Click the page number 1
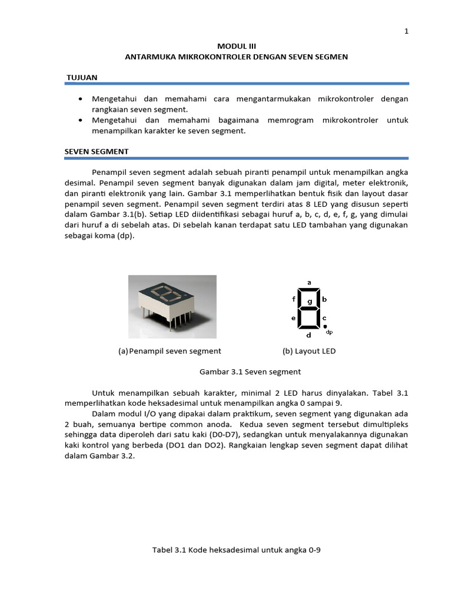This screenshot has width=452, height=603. tap(406, 32)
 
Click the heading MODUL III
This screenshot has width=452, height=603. tap(237, 45)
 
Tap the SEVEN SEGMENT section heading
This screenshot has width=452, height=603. tap(97, 151)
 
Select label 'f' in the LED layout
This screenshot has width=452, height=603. tap(294, 299)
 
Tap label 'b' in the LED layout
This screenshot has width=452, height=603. tap(324, 299)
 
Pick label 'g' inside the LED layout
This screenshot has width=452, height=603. tap(309, 301)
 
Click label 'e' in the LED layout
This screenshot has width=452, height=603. tap(294, 318)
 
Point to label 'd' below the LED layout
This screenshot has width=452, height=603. tap(310, 335)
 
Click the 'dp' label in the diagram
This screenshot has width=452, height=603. tap(330, 332)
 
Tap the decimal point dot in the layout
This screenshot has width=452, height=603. tap(324, 326)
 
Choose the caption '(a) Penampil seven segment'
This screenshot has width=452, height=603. tap(169, 351)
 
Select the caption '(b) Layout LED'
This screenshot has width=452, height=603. tap(309, 351)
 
